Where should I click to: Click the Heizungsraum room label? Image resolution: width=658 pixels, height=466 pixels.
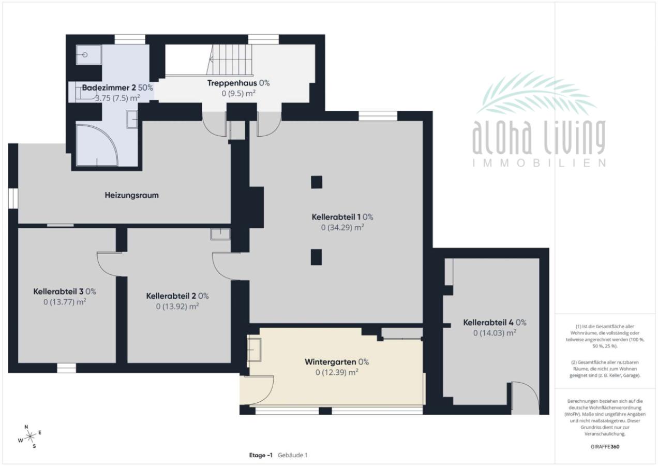(131, 195)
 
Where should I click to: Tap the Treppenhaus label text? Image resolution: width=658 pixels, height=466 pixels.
(232, 83)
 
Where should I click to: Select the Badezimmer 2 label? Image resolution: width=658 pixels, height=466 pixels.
(109, 88)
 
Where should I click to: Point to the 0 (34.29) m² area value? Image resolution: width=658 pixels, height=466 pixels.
(342, 227)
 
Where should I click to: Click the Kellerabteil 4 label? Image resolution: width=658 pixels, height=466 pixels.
(488, 323)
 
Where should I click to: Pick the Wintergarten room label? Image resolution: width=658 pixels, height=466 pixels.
(330, 362)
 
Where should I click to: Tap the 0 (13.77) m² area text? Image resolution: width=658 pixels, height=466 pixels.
(65, 302)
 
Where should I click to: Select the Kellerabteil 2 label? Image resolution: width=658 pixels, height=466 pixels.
(171, 296)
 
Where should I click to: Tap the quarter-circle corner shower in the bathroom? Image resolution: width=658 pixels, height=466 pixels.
(97, 145)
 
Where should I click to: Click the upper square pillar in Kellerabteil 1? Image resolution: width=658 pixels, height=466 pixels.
(317, 182)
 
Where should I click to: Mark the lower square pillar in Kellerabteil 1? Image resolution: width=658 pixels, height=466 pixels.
(316, 257)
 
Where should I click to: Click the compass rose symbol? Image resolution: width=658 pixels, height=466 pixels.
(29, 436)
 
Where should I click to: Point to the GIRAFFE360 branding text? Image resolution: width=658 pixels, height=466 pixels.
(605, 447)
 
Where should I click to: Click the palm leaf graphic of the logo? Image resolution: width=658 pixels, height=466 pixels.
(536, 93)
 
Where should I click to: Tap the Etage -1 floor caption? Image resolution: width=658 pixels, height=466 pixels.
(261, 455)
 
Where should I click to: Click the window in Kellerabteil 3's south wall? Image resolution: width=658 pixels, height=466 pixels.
(66, 368)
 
